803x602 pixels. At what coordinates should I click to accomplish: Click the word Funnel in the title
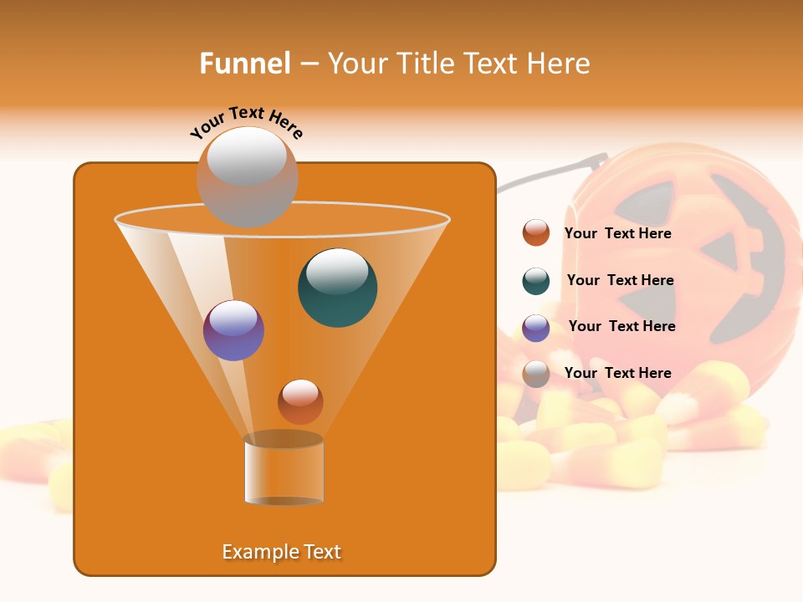[245, 64]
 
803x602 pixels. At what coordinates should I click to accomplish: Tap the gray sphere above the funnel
[247, 176]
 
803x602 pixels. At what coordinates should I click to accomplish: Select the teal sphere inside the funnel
[337, 288]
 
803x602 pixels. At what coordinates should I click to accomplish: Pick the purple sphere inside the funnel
[233, 330]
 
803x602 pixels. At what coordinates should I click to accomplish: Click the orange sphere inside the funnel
[300, 401]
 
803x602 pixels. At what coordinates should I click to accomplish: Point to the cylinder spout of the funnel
[284, 470]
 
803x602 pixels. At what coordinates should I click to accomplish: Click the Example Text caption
[281, 552]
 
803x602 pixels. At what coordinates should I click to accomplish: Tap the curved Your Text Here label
[247, 122]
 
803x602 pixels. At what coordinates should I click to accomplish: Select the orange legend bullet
[536, 233]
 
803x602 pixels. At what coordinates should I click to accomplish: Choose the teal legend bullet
[536, 281]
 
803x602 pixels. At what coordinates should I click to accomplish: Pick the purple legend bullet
[536, 328]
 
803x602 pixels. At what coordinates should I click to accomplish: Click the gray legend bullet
[536, 374]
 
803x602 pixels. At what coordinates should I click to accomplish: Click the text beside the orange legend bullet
[617, 234]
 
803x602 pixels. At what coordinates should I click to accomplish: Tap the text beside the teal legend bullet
[620, 281]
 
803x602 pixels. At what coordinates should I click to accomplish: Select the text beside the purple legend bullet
[621, 327]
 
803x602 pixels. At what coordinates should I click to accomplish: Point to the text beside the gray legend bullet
[617, 373]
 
